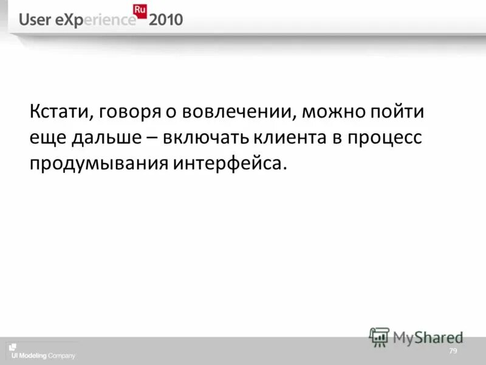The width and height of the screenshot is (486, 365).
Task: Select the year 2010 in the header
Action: pyautogui.click(x=165, y=20)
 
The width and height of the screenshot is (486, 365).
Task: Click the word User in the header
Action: pyautogui.click(x=34, y=20)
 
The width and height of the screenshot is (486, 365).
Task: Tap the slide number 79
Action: pyautogui.click(x=453, y=352)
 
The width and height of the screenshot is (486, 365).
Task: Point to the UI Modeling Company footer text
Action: pyautogui.click(x=41, y=356)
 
